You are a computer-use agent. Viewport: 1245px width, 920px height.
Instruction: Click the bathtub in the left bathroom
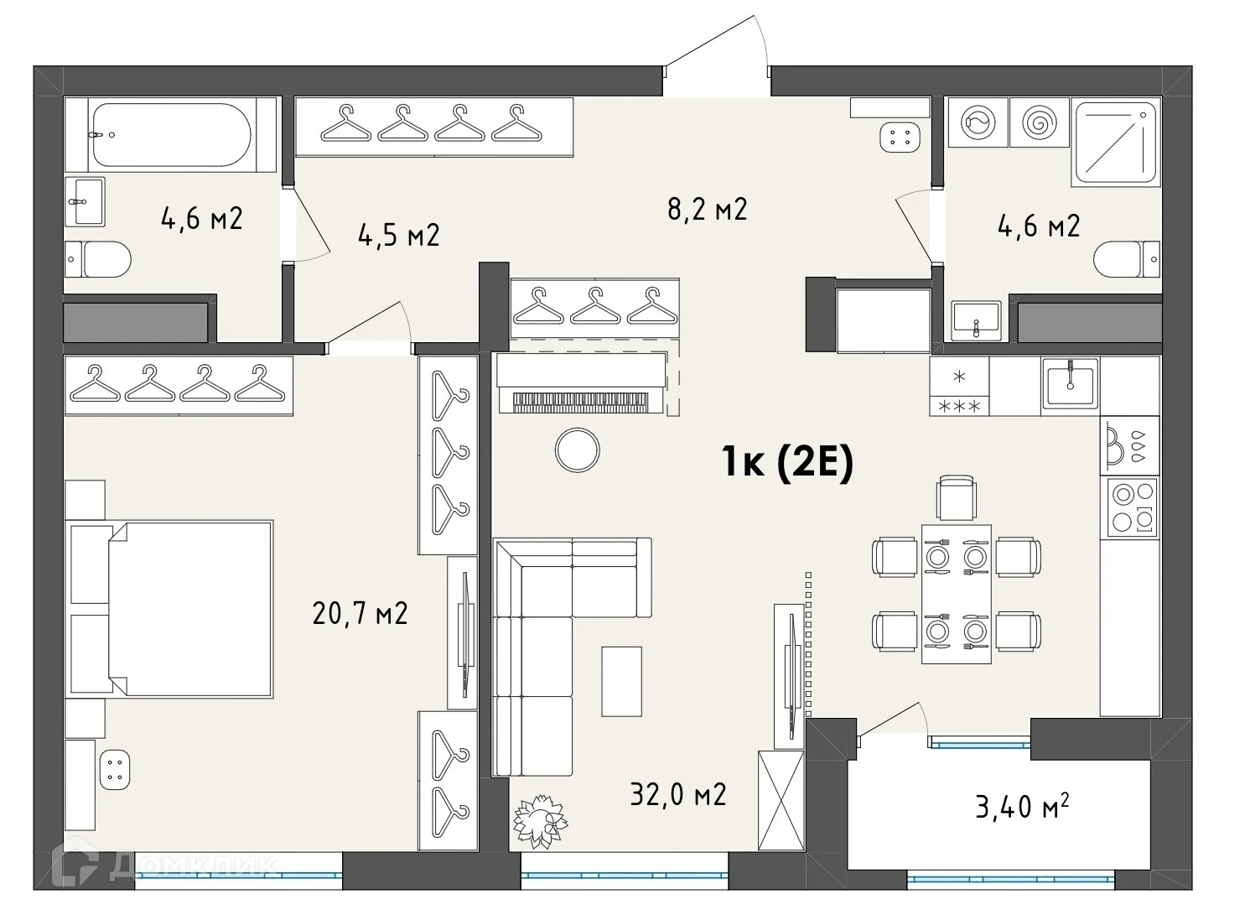171,134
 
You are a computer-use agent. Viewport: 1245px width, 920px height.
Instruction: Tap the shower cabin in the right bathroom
1116,143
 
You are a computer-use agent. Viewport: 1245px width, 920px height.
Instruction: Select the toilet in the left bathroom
99,259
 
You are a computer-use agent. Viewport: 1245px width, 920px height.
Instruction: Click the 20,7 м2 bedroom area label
360,613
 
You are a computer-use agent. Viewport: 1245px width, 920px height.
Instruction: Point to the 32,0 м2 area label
677,793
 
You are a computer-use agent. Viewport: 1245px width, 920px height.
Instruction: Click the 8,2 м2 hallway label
706,209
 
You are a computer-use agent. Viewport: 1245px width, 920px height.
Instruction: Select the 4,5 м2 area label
398,235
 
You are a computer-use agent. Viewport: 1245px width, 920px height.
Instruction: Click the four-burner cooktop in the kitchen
1133,507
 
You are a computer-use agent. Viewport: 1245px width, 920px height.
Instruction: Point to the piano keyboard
581,401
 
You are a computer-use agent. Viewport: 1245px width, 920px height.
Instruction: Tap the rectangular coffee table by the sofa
621,681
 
